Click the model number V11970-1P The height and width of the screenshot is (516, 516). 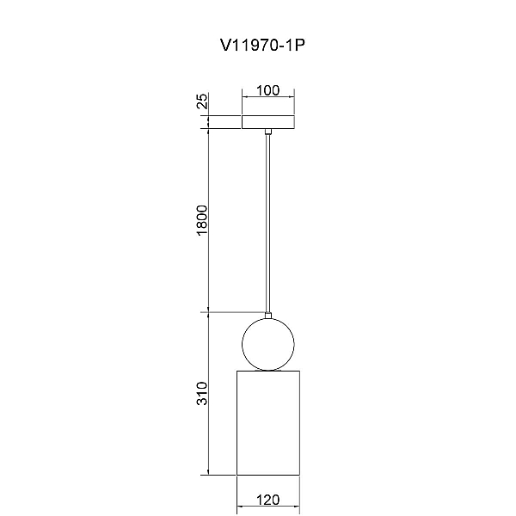(x=262, y=45)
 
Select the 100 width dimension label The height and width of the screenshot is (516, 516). (x=267, y=90)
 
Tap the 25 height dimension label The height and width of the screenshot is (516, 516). (x=203, y=101)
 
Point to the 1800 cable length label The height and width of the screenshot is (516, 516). (x=202, y=220)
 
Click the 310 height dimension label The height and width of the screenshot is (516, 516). (x=202, y=393)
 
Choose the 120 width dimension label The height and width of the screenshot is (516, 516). (x=267, y=500)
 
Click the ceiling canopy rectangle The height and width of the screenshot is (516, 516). (x=268, y=122)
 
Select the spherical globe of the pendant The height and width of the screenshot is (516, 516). (x=243, y=345)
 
